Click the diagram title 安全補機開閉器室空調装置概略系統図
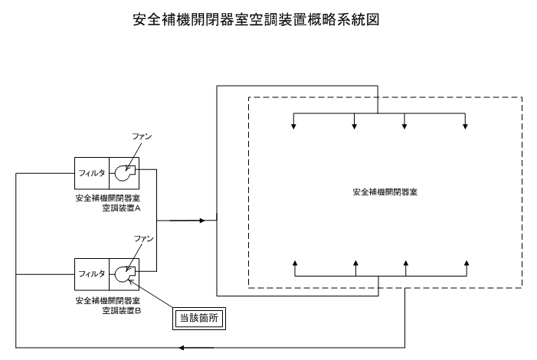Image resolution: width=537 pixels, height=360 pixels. (256, 19)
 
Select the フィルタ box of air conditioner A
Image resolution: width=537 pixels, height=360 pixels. (92, 173)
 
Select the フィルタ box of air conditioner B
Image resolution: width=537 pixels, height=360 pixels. (92, 274)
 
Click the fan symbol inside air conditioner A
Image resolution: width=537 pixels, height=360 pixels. (125, 173)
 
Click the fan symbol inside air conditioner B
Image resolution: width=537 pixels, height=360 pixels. (125, 274)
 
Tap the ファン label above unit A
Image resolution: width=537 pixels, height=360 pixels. (142, 136)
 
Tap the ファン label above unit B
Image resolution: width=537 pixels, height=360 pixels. (143, 238)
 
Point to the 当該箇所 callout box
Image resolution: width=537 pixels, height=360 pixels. (199, 319)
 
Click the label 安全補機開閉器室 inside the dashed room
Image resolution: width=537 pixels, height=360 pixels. (385, 191)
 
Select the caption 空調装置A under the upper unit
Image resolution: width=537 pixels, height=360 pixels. (122, 208)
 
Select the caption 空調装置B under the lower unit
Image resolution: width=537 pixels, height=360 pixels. (122, 311)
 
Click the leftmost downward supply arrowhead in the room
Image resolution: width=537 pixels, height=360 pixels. (293, 126)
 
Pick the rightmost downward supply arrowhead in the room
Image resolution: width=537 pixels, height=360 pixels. (465, 126)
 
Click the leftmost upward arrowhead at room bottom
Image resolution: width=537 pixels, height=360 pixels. (295, 263)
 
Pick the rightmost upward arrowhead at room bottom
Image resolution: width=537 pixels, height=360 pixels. (467, 263)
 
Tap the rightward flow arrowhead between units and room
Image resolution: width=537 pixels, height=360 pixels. (202, 221)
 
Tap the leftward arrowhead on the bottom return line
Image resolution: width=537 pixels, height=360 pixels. (182, 348)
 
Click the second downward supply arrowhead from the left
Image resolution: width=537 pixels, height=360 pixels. (355, 126)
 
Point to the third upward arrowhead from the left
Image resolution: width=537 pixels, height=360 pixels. (406, 263)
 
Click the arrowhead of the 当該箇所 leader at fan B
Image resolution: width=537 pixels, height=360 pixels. (129, 281)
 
